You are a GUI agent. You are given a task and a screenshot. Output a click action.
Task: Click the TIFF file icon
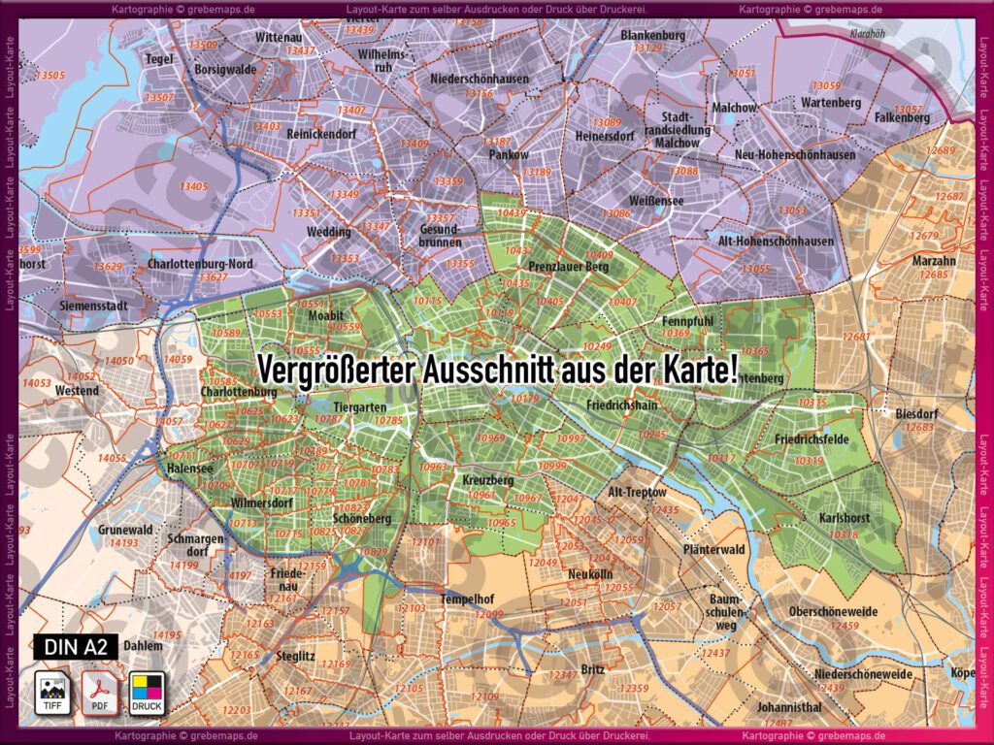(x=50, y=693)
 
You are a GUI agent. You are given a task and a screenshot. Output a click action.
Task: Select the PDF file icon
(x=98, y=693)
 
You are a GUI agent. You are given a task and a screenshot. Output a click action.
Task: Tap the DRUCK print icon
(x=148, y=693)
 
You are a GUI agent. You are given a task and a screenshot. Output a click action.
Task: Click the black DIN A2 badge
(x=76, y=647)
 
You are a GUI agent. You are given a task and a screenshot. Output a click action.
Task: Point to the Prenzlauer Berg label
(x=568, y=266)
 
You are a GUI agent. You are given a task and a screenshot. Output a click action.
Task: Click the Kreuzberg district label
(x=487, y=480)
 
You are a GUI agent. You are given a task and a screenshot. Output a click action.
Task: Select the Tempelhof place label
(x=471, y=599)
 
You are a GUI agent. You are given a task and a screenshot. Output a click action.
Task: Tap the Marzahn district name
(x=934, y=261)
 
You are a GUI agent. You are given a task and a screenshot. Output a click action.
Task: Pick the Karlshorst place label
(x=844, y=518)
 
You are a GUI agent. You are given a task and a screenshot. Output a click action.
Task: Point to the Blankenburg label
(x=652, y=35)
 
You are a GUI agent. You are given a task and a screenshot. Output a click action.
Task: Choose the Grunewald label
(x=124, y=530)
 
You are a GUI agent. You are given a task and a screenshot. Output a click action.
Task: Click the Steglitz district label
(x=295, y=656)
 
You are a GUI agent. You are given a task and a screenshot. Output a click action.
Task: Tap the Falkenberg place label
(x=902, y=117)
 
